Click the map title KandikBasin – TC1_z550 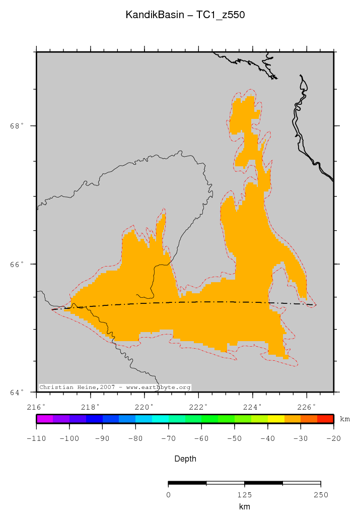pos(185,16)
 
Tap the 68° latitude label pos(17,126)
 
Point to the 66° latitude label pos(17,264)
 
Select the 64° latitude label pos(17,392)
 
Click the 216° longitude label pos(36,406)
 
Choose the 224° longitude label pos(253,406)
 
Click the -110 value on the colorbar pos(36,439)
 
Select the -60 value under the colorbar pos(201,439)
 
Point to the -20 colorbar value pos(334,439)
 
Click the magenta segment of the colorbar pos(45,419)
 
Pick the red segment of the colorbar pos(325,419)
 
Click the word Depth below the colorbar pos(185,459)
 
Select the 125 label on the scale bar pos(244,494)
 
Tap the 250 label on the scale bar pos(321,494)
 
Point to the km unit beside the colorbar pos(345,419)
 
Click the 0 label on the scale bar pos(168,494)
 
